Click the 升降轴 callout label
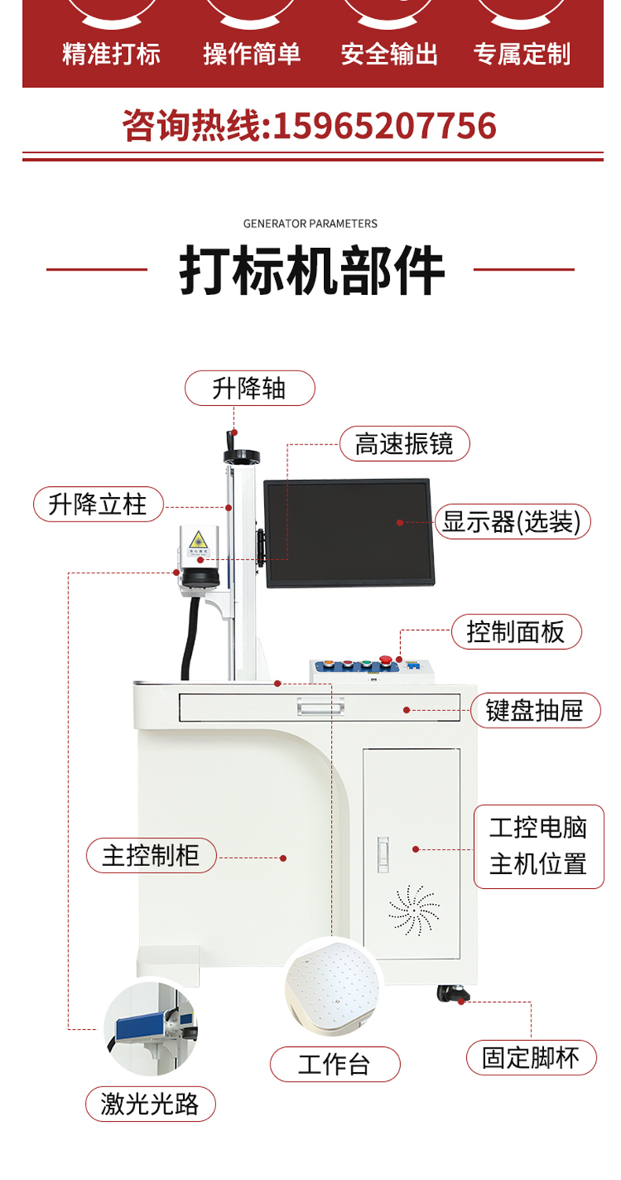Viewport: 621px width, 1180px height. tap(249, 388)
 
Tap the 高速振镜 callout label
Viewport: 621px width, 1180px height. tap(404, 444)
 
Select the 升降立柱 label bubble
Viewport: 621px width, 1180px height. tap(98, 504)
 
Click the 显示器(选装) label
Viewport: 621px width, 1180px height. tap(512, 522)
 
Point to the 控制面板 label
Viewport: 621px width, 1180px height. tap(516, 632)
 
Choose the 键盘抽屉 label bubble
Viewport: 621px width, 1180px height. tap(535, 710)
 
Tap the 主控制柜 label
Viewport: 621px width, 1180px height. tap(151, 856)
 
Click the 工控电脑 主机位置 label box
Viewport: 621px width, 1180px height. tap(538, 846)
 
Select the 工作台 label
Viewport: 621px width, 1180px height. tap(335, 1064)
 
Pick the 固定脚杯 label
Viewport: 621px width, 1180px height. tap(531, 1057)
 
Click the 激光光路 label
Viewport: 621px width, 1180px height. tap(150, 1104)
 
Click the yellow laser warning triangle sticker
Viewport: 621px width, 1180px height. tap(198, 540)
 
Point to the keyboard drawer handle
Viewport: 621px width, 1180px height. tap(321, 706)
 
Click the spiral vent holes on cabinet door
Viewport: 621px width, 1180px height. tap(413, 911)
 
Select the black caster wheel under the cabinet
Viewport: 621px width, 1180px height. tap(452, 994)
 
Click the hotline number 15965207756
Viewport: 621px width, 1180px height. tap(384, 126)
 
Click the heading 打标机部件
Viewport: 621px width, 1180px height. tap(311, 270)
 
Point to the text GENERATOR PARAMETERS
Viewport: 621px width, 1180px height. tap(310, 224)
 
